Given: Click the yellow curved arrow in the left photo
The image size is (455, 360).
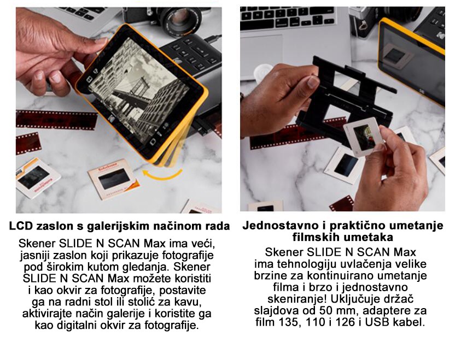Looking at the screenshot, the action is click(x=162, y=176).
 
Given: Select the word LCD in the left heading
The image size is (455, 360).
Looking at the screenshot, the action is click(x=21, y=226).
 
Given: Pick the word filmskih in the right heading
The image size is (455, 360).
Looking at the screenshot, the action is click(x=316, y=237).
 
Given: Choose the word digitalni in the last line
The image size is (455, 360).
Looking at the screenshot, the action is click(x=77, y=325).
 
